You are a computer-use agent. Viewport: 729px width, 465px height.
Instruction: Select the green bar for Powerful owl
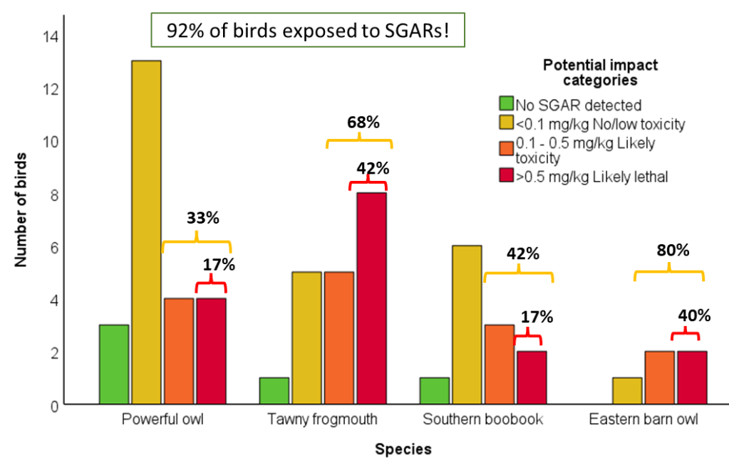[114, 365]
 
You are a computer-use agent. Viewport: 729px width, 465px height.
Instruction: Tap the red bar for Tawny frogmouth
[371, 298]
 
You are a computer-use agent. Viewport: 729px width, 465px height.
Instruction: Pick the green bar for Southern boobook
[435, 391]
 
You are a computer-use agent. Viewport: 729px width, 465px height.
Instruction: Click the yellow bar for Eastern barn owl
[627, 391]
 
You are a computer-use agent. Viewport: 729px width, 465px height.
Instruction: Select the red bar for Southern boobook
[532, 377]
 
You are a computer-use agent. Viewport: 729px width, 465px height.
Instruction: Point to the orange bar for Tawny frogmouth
[339, 338]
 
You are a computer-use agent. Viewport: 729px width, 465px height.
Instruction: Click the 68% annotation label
[358, 121]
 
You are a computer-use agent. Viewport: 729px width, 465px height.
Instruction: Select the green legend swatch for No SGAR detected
[507, 104]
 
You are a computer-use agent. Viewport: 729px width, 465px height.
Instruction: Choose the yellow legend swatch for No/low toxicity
[507, 124]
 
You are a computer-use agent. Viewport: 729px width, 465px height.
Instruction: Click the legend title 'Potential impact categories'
[600, 72]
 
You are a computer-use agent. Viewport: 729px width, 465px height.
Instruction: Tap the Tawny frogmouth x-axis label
[323, 419]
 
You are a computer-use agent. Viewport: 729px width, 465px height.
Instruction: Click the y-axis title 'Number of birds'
[21, 208]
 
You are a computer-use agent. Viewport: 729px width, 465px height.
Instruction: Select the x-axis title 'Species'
[403, 449]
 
